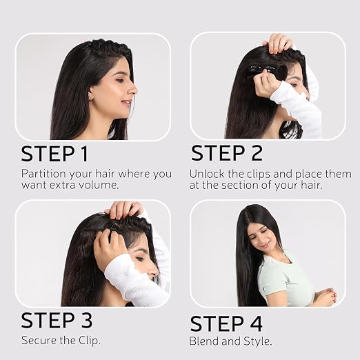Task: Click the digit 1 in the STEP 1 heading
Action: pyautogui.click(x=84, y=154)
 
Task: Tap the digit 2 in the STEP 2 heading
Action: pyautogui.click(x=257, y=153)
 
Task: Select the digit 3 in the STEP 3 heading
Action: pyautogui.click(x=86, y=320)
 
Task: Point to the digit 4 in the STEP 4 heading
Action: pyautogui.click(x=255, y=323)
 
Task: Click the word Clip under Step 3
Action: pyautogui.click(x=89, y=341)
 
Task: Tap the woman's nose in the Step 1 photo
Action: pyautogui.click(x=133, y=88)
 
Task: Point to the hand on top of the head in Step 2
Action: pyautogui.click(x=277, y=43)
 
